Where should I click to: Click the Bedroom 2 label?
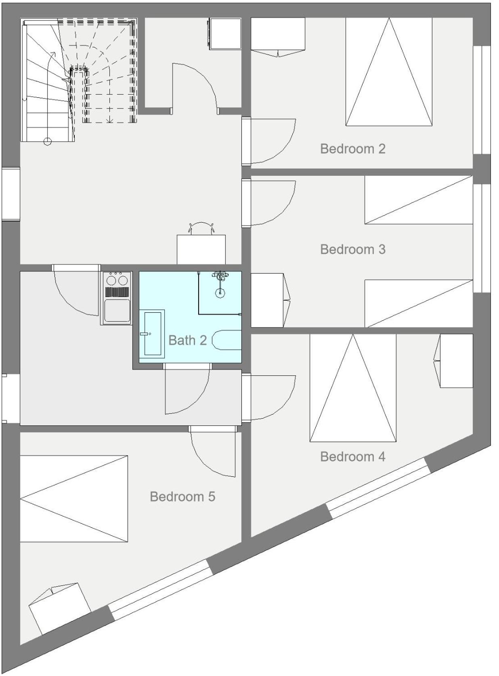coord(352,149)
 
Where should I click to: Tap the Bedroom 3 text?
coord(352,249)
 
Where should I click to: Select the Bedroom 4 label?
coord(352,456)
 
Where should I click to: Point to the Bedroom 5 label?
coord(182,497)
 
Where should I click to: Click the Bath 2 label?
coord(187,340)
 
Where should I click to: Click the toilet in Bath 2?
coord(227,339)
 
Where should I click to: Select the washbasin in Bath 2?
coord(152,334)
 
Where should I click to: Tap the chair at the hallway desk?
coord(201,228)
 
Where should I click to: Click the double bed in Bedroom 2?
coord(389,72)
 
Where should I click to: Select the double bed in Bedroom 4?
coord(353,387)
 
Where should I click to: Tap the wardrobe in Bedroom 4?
coord(453,361)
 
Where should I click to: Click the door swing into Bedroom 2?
coord(273,141)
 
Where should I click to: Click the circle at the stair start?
coord(47,141)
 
